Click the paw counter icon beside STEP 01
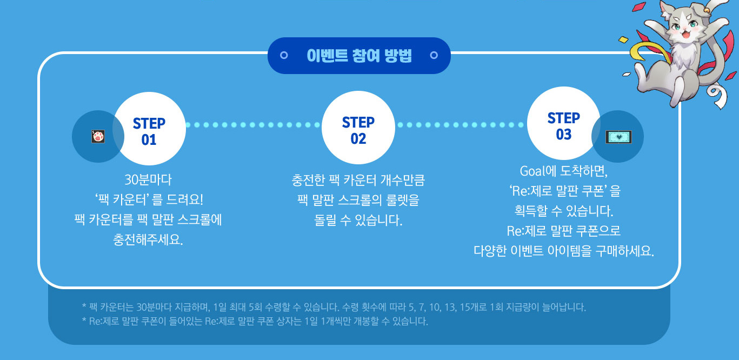click(98, 136)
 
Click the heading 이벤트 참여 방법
click(359, 56)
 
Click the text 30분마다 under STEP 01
click(148, 180)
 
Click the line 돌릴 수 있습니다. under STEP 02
click(358, 221)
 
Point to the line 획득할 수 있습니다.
click(564, 211)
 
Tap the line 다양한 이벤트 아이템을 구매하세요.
click(564, 251)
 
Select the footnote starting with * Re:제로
click(255, 322)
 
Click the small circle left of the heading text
click(284, 55)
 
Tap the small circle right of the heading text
click(433, 55)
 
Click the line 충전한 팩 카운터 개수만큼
click(358, 180)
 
